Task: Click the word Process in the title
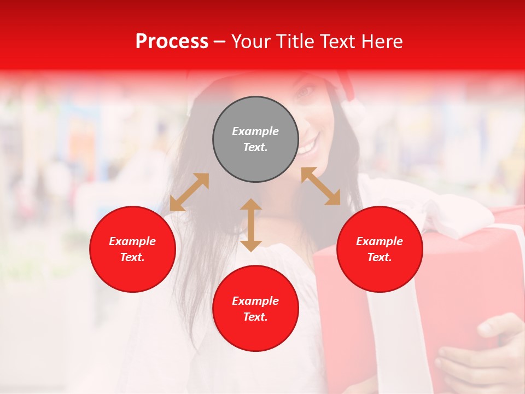pyautogui.click(x=172, y=42)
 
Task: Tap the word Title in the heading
pyautogui.click(x=295, y=42)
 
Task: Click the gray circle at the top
pyautogui.click(x=255, y=140)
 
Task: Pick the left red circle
pyautogui.click(x=132, y=249)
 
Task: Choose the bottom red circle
pyautogui.click(x=255, y=309)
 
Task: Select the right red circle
pyautogui.click(x=380, y=249)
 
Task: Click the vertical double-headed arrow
pyautogui.click(x=251, y=225)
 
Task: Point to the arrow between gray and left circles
pyautogui.click(x=189, y=192)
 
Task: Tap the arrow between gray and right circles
pyautogui.click(x=320, y=186)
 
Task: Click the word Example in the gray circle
pyautogui.click(x=255, y=131)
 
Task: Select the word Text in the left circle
pyautogui.click(x=132, y=257)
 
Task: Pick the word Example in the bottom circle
pyautogui.click(x=255, y=301)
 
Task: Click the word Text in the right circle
pyautogui.click(x=380, y=257)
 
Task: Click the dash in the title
pyautogui.click(x=220, y=42)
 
